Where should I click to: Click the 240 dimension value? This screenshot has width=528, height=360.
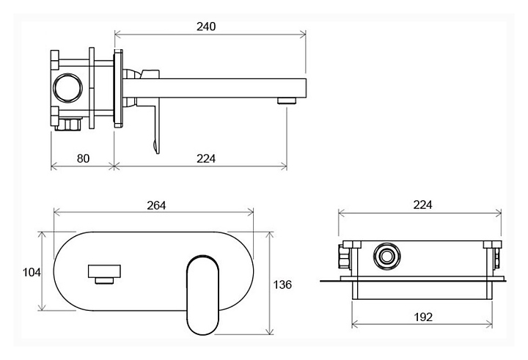tap(206, 26)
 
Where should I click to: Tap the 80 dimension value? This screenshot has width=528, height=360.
tap(83, 158)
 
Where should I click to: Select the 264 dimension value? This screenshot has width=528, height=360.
tap(156, 205)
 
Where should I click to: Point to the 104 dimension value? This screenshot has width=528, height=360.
tap(32, 272)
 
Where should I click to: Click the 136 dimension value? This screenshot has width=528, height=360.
tap(282, 285)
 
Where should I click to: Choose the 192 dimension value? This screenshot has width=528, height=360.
tap(423, 317)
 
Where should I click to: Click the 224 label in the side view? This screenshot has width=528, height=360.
tap(206, 158)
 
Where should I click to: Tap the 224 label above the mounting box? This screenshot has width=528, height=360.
tap(422, 205)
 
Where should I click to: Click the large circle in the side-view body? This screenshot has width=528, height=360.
tap(67, 87)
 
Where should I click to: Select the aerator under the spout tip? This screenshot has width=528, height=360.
tap(287, 100)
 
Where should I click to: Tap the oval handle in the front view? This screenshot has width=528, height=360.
tap(202, 295)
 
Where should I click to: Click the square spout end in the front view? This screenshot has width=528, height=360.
tap(104, 271)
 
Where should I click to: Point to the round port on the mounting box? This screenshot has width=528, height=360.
tap(387, 256)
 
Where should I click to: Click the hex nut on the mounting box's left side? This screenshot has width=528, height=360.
tap(345, 257)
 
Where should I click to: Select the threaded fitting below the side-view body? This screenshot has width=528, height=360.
tap(69, 124)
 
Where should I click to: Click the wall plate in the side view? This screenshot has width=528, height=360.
tap(118, 89)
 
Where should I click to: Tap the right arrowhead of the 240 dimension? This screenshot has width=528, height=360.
tap(303, 34)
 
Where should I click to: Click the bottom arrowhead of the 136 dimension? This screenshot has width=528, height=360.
tap(269, 331)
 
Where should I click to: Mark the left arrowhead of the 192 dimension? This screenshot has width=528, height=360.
tap(355, 325)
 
